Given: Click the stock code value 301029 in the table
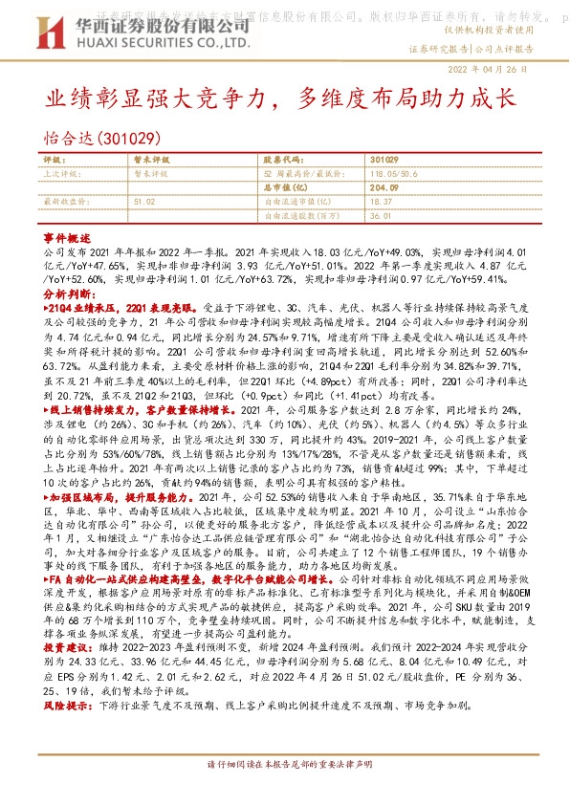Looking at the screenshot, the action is [x=384, y=159].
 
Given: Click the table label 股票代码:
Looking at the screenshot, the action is [x=281, y=159].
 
